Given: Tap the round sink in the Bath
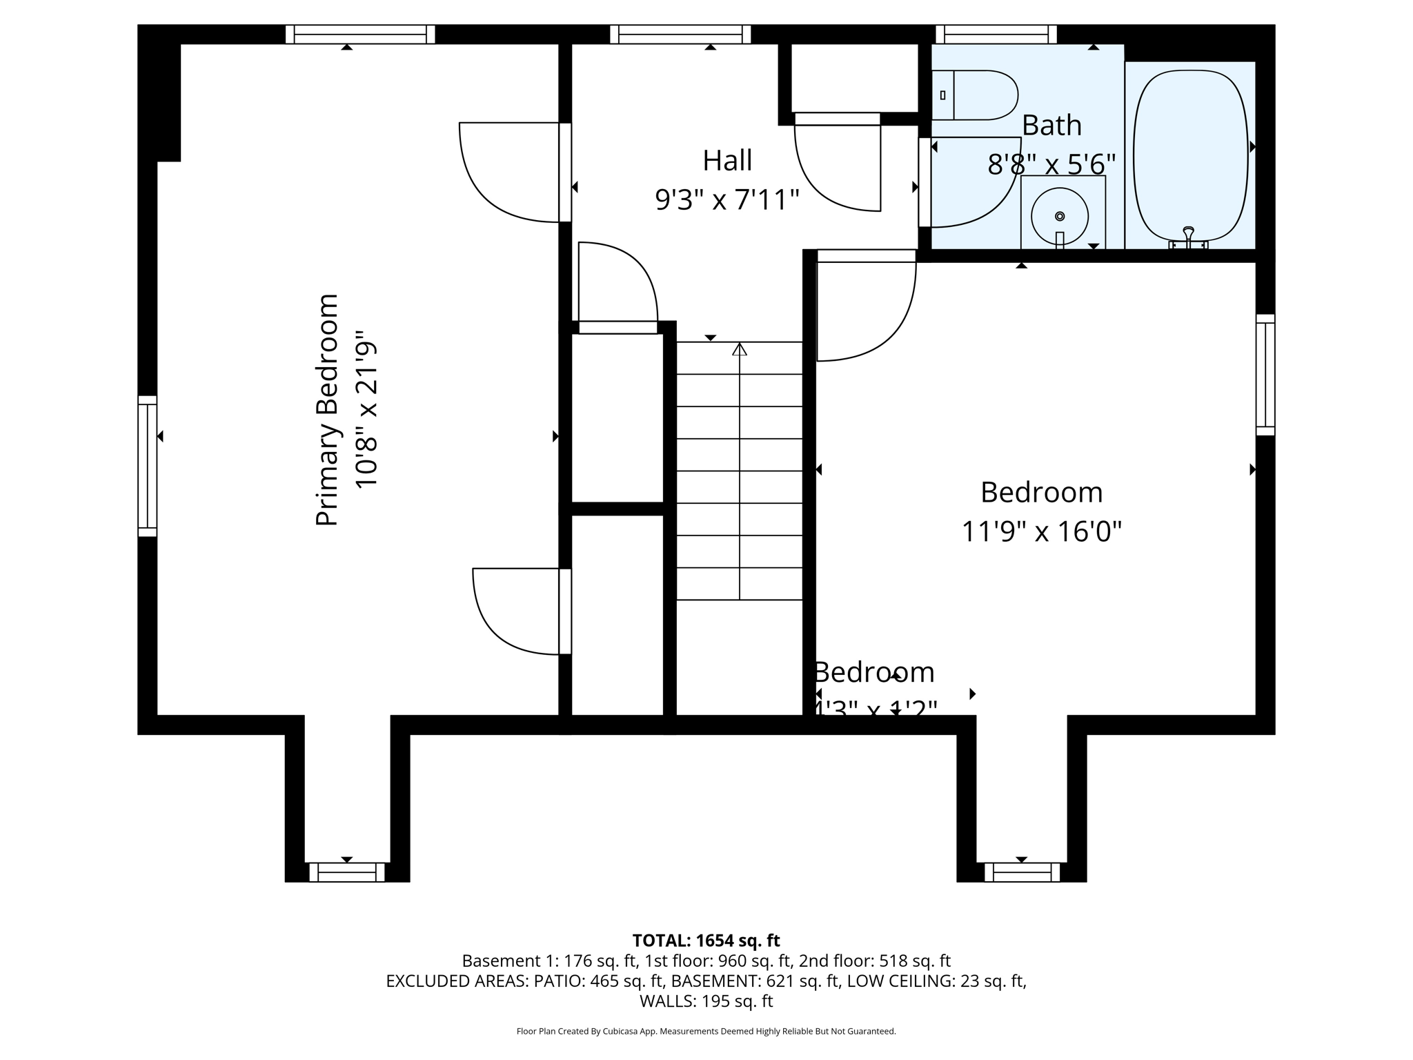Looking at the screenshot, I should (1060, 217).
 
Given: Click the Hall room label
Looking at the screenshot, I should (727, 161).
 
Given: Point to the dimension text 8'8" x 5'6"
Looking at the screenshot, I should (1051, 165).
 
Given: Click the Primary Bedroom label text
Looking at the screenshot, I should (327, 410).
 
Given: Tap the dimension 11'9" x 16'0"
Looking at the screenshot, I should (1041, 532).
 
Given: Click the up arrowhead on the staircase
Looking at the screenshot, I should (740, 349).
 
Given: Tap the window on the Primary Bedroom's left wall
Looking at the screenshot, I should (147, 467).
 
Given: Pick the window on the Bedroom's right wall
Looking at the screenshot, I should (1265, 375).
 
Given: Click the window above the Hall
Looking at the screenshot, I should (680, 35).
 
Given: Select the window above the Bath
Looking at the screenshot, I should (996, 35).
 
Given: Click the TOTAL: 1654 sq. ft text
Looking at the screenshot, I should (706, 941).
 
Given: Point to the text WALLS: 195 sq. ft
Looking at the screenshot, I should (706, 1001).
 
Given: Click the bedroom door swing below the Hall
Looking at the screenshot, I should (867, 311).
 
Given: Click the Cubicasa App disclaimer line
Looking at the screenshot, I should (706, 1032).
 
